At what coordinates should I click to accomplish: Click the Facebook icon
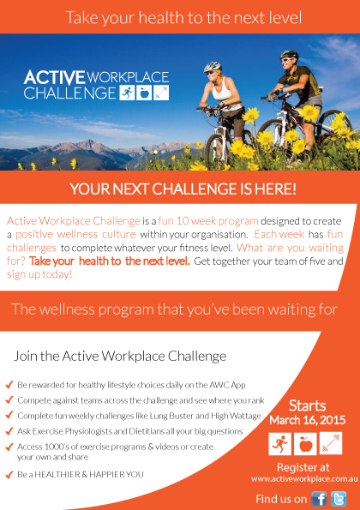tap(319, 499)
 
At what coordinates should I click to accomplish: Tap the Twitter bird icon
tap(339, 499)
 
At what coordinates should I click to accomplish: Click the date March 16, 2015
tap(306, 420)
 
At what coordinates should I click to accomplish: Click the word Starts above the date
tap(306, 405)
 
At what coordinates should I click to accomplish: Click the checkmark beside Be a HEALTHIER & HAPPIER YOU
tap(9, 474)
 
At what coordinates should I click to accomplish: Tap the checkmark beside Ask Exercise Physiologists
tap(9, 429)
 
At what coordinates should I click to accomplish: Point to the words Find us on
tap(280, 499)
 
